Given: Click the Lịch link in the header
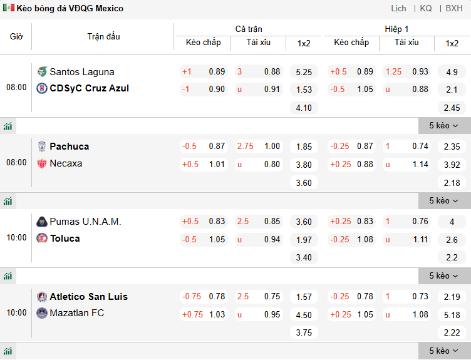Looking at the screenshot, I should [x=398, y=8].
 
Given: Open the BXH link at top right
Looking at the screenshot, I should [x=454, y=8].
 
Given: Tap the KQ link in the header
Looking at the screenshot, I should [x=426, y=8].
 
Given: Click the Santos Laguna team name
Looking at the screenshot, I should [x=82, y=71].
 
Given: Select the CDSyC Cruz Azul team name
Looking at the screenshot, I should [x=89, y=88].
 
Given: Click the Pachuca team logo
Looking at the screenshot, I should [x=42, y=147].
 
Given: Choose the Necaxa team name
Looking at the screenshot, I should [x=66, y=163].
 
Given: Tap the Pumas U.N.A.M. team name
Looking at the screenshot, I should [x=85, y=222].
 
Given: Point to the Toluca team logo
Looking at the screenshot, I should [x=42, y=239].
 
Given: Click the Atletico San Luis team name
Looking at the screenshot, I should [x=88, y=297].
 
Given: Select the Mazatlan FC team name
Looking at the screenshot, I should [x=77, y=313].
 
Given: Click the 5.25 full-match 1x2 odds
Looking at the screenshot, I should [x=304, y=72].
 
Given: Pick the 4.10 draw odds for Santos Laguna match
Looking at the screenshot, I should [x=304, y=108].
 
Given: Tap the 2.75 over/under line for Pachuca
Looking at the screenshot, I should [x=246, y=147].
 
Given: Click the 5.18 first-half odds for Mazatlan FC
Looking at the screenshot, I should [x=452, y=315].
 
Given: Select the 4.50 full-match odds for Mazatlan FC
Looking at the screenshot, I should [x=304, y=315].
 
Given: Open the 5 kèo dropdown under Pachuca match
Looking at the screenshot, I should [x=444, y=201].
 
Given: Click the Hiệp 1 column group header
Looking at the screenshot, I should [x=396, y=29].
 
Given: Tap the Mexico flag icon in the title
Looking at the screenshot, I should [x=9, y=8].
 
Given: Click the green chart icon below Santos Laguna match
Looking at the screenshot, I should [x=8, y=126].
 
